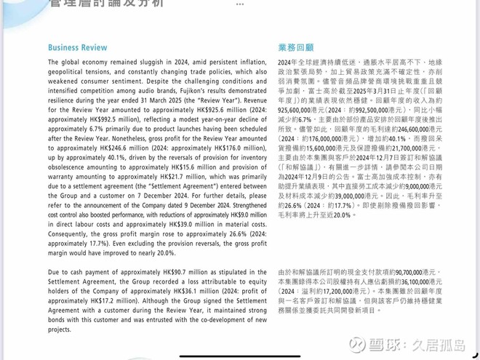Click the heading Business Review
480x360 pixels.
click(x=78, y=48)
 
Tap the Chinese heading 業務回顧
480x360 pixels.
click(x=296, y=48)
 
